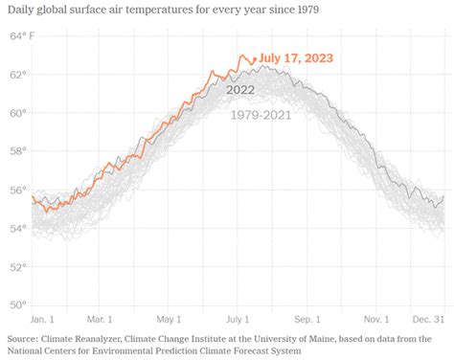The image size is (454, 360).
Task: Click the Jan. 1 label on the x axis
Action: point(43,318)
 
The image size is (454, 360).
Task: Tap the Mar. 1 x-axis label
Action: point(101,318)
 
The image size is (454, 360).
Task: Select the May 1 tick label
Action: point(168,318)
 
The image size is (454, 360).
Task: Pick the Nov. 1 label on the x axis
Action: point(375,318)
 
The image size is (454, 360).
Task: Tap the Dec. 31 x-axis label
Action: point(428,318)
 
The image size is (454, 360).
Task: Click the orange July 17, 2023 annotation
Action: point(296,58)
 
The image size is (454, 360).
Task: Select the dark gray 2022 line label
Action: point(240,90)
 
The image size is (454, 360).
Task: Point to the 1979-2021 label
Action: point(261,115)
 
